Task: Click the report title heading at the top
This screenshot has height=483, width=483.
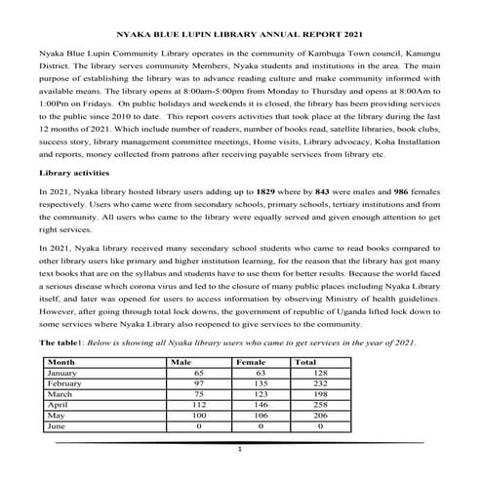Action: tap(240, 32)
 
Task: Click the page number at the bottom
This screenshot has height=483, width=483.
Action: tap(240, 450)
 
